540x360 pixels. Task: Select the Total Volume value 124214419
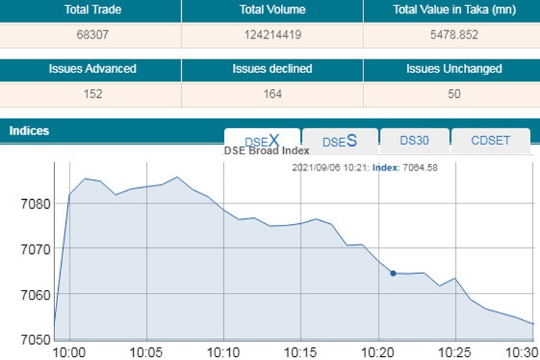(272, 35)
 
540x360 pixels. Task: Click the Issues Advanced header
(92, 69)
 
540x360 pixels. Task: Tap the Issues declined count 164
(272, 94)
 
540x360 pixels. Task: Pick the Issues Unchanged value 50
(454, 94)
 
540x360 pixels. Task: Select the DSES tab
(340, 141)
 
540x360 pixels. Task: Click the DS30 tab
(414, 140)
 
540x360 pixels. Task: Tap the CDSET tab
(490, 140)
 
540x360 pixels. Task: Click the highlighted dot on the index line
(394, 273)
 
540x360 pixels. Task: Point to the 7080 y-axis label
(35, 204)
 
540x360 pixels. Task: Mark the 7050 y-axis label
(35, 340)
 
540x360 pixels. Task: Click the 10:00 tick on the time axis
(70, 351)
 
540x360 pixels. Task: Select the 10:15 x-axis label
(301, 351)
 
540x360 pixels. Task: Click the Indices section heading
(29, 131)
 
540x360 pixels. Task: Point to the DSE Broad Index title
(266, 151)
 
